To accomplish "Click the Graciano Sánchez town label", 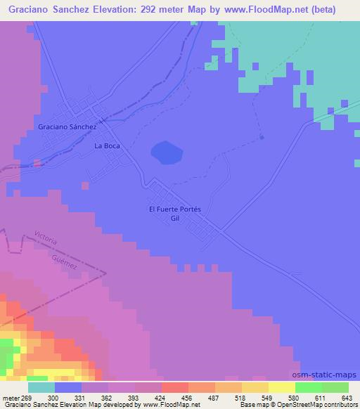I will [x=67, y=126].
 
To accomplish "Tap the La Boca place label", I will [x=108, y=146].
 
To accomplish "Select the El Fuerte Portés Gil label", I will [x=175, y=214].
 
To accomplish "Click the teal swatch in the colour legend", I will [x=41, y=387].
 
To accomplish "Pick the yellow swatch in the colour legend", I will [x=281, y=387].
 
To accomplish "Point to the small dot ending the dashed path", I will [x=262, y=138].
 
